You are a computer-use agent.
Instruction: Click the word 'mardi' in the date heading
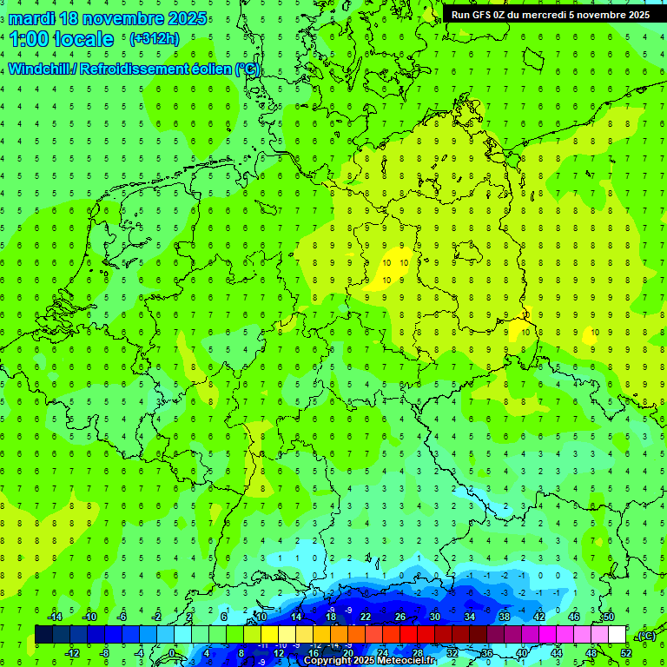pos(30,19)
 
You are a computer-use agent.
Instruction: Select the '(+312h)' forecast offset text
pos(154,39)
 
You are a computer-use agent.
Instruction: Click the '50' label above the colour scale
pos(609,617)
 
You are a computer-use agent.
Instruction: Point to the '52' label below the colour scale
pos(626,652)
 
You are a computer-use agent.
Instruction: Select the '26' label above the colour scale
pos(400,617)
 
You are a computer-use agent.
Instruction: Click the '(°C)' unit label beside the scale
pos(646,636)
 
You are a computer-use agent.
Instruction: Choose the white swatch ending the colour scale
pos(617,635)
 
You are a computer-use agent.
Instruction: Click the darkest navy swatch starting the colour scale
pos(43,635)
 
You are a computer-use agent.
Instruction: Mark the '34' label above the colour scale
pos(470,617)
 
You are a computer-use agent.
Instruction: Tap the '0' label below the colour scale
pos(173,652)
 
